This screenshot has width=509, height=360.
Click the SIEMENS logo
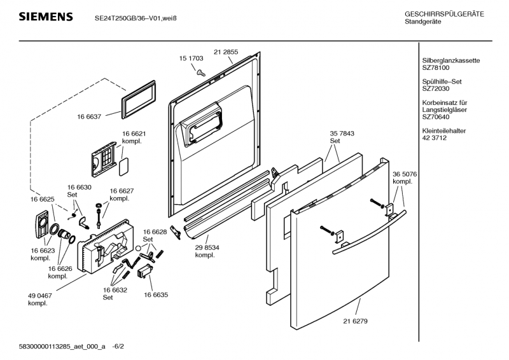click(45, 17)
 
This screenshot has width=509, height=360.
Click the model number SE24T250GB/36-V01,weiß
click(135, 18)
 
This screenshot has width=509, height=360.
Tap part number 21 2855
click(226, 52)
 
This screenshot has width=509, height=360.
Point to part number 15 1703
click(191, 59)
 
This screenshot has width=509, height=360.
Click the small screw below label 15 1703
click(199, 72)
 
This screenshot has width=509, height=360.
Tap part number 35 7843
click(339, 134)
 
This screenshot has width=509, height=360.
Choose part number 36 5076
click(405, 173)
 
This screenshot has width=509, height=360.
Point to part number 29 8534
click(207, 247)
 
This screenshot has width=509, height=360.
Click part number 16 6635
click(156, 295)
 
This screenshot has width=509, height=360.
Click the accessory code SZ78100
click(436, 67)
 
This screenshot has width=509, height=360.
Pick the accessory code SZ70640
click(436, 116)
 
